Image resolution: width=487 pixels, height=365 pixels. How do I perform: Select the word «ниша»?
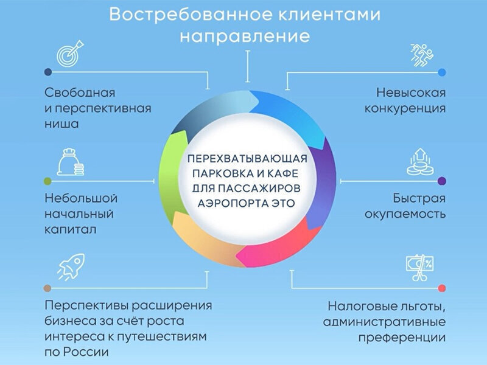coord(62,123)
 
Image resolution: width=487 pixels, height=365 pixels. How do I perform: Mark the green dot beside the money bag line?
coord(47,181)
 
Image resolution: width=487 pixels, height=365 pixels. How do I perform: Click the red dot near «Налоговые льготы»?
coord(441,287)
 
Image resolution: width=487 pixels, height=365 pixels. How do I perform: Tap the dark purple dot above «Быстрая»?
coord(441,181)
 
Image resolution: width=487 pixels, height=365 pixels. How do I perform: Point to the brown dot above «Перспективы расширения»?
coord(47,287)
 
